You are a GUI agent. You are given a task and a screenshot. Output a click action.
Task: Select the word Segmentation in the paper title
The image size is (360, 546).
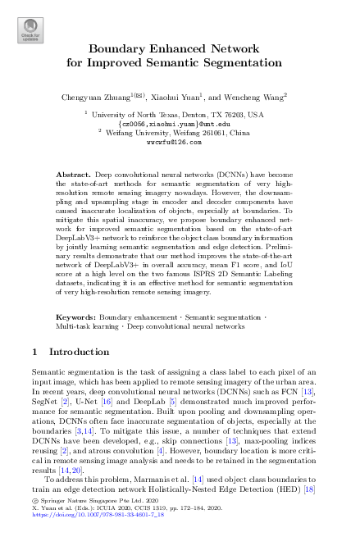[x=239, y=61]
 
